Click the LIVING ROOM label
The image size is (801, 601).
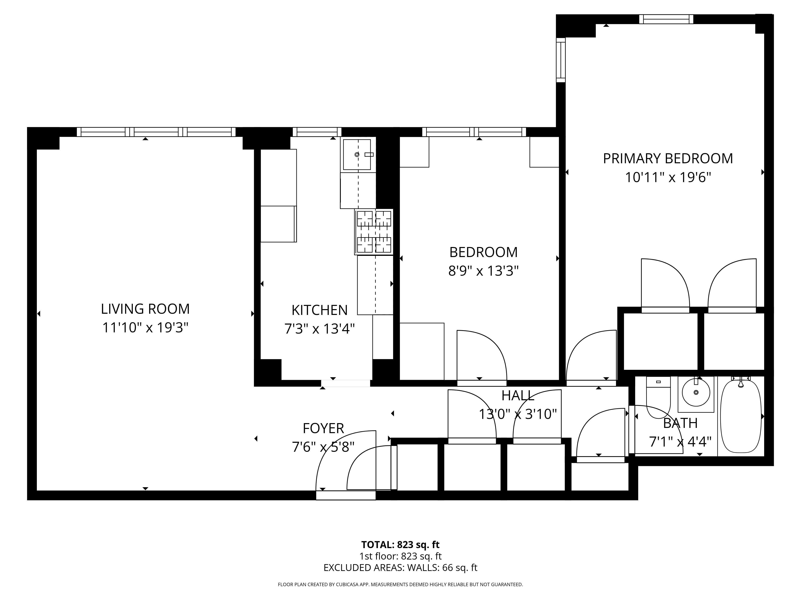pyautogui.click(x=145, y=309)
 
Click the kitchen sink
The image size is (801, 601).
pyautogui.click(x=357, y=155)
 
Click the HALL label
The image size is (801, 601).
pyautogui.click(x=518, y=396)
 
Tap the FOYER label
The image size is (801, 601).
pyautogui.click(x=323, y=429)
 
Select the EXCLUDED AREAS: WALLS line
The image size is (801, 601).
pyautogui.click(x=400, y=568)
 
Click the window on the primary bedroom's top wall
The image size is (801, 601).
pyautogui.click(x=666, y=19)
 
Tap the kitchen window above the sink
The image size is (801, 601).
pyautogui.click(x=317, y=132)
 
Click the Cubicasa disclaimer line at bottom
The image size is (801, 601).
pyautogui.click(x=400, y=584)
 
